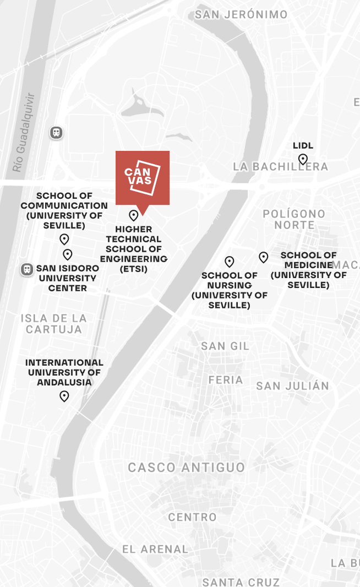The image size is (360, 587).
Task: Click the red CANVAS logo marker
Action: coord(142,178)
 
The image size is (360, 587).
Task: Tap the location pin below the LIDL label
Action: coord(303,160)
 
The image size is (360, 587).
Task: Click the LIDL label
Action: coord(303,146)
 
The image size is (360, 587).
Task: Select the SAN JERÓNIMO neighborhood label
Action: coord(241,15)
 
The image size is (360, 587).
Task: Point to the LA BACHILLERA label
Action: coord(280,166)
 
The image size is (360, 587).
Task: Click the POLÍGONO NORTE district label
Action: coord(294,219)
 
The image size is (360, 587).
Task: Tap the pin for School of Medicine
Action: coord(264,257)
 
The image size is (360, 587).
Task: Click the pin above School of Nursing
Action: coord(230,262)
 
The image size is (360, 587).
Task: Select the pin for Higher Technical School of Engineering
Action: coord(133,215)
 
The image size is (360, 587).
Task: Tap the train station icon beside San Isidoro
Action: coord(26,269)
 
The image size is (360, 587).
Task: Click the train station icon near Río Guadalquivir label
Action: coord(56,133)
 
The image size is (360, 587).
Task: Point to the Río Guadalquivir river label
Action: coord(25,132)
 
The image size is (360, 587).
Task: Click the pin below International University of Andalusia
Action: coord(64,396)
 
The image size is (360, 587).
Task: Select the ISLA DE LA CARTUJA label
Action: coord(54,324)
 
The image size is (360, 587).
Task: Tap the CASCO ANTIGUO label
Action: coord(187,468)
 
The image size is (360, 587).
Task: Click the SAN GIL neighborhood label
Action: coord(225,346)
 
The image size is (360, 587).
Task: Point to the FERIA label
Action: coord(226,380)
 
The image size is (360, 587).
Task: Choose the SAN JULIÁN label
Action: coord(292,385)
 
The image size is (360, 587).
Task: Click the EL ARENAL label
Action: coord(155,549)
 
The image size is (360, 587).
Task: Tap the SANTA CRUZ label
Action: coord(241,581)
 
